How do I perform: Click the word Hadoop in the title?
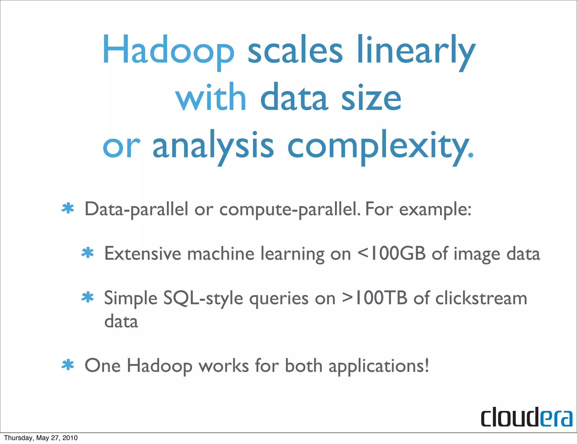tap(168, 51)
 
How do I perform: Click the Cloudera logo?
tap(526, 417)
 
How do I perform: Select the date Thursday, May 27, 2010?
tap(41, 438)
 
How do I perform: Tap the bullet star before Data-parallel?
tap(68, 209)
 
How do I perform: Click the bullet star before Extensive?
tap(87, 253)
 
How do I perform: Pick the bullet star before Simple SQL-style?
tap(87, 297)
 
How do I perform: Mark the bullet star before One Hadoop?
tap(68, 365)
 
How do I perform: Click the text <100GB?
tap(392, 254)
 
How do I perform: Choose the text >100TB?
tap(375, 298)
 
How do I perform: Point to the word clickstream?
tap(481, 298)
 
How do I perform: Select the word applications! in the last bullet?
tap(379, 366)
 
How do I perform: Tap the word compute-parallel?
tap(290, 210)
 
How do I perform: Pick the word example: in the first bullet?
tap(435, 210)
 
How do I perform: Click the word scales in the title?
tap(295, 51)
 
